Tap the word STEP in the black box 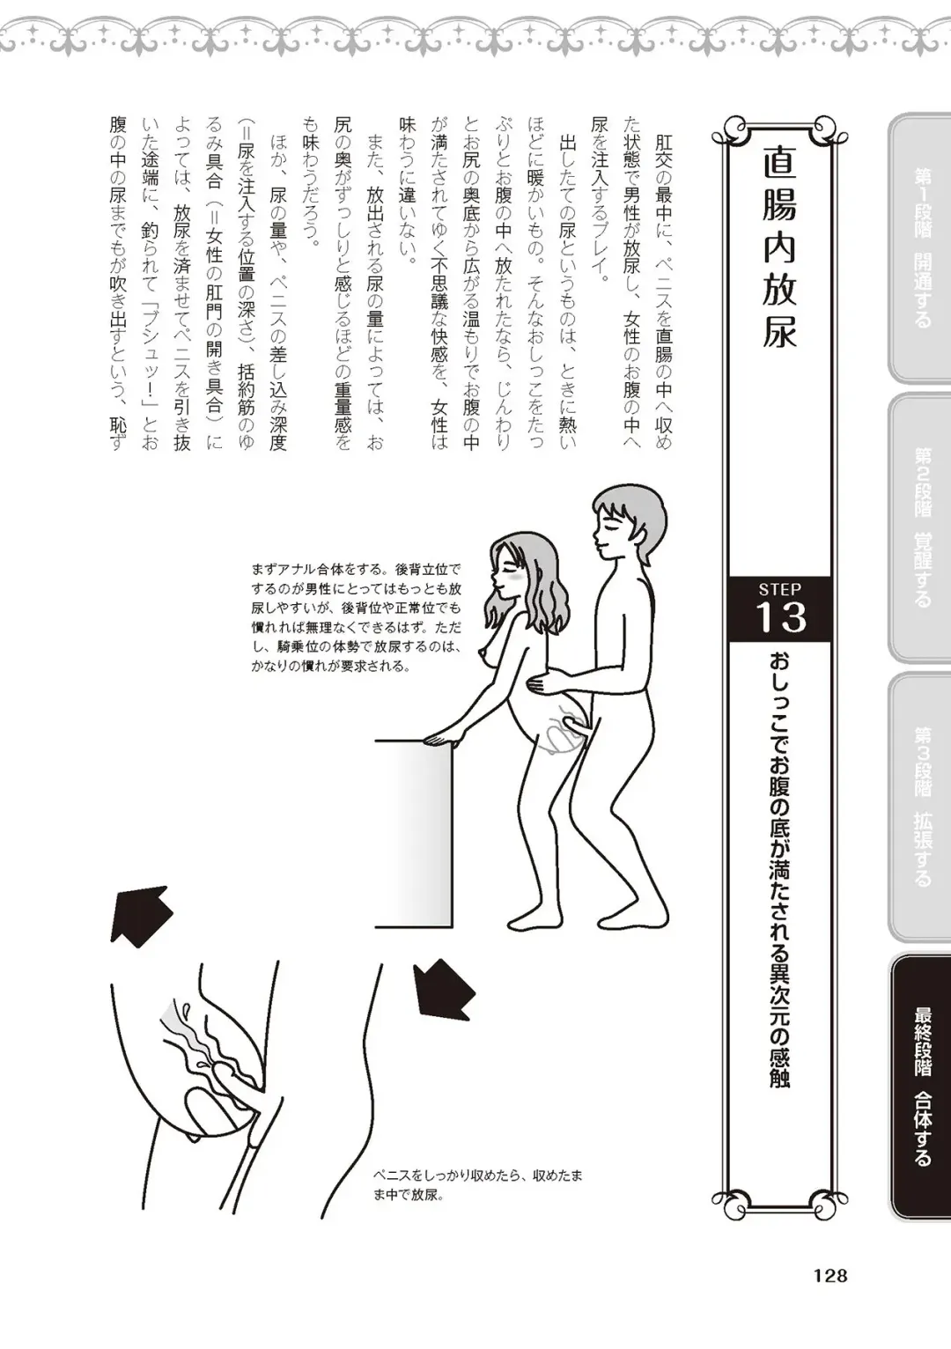779,589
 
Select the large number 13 780,617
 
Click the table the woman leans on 414,832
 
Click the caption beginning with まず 356,617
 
